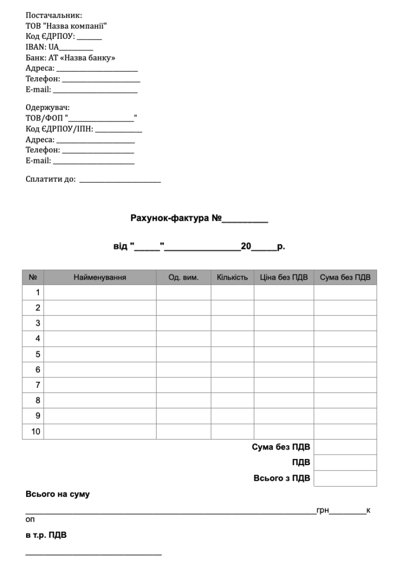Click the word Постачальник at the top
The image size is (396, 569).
pos(50,16)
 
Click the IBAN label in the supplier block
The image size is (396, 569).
pos(34,47)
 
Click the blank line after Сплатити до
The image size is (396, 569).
pos(120,180)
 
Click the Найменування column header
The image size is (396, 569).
pos(100,277)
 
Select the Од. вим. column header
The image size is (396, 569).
pos(183,277)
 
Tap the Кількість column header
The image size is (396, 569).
pos(232,277)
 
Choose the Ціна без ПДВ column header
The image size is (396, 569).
pos(284,277)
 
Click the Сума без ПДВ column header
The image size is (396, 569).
pos(345,277)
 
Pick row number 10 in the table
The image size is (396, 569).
pos(36,431)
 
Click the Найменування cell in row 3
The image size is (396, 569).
pos(100,323)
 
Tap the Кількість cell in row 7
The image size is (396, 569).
pos(232,385)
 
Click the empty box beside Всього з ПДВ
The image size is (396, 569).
pos(345,478)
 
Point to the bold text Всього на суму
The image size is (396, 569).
pos(58,494)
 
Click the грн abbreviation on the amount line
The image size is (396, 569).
pos(322,510)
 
